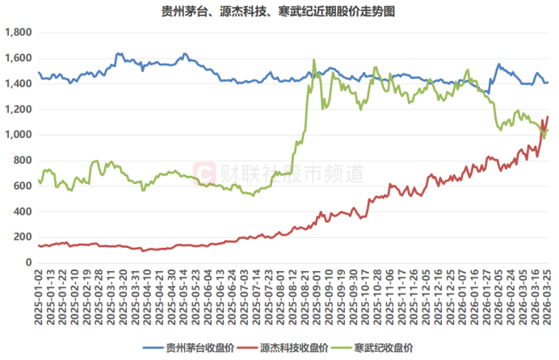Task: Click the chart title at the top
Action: (279, 11)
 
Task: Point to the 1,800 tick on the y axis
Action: (18, 32)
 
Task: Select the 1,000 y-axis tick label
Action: (18, 135)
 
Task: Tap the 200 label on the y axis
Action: (23, 237)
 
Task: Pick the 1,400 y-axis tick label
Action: (18, 84)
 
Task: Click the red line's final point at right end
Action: (547, 117)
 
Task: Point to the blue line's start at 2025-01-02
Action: (39, 73)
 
